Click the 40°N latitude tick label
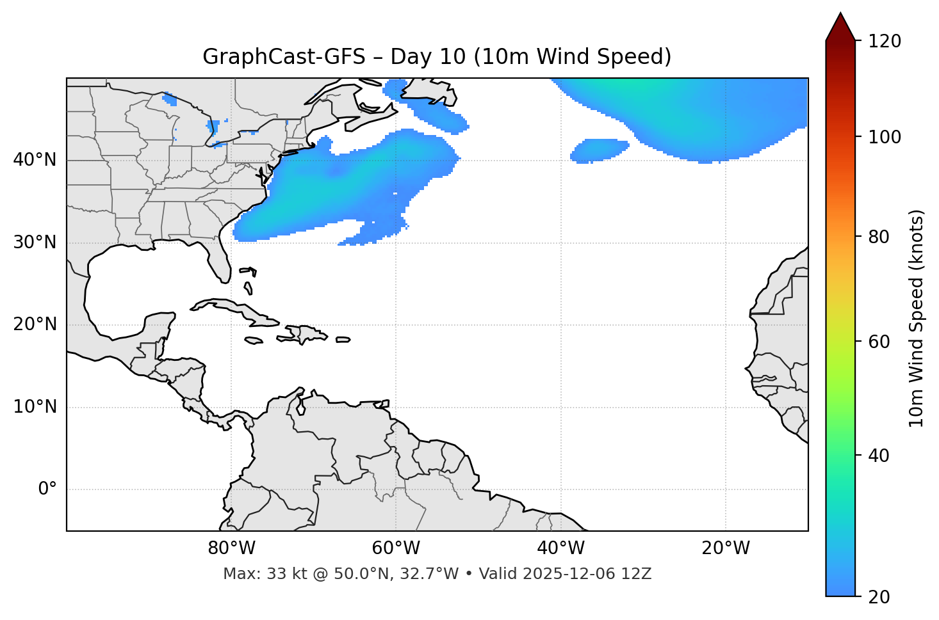point(35,160)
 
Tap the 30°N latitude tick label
point(35,242)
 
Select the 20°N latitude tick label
point(35,324)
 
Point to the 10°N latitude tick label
point(35,407)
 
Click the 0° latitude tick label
point(47,489)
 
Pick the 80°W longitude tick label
point(231,548)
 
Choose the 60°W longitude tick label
point(396,548)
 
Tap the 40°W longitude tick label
point(560,548)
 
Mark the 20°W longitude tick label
point(725,548)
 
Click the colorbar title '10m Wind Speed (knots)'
point(917,318)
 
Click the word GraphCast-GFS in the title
point(284,57)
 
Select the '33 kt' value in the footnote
point(278,574)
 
